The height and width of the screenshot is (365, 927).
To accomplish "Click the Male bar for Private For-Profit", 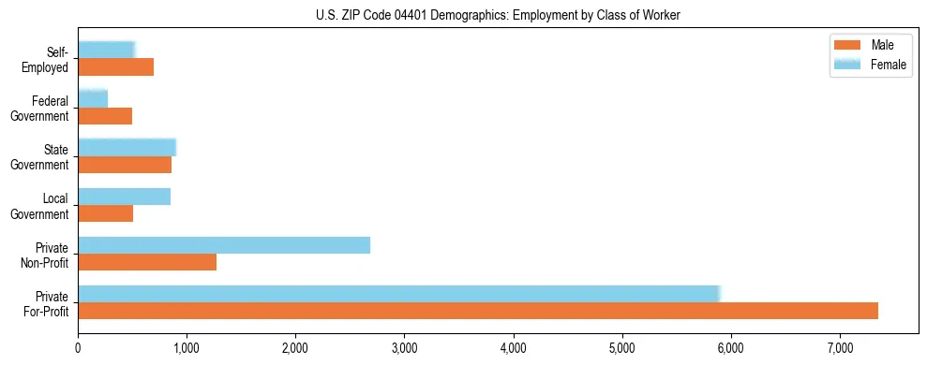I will pos(478,311).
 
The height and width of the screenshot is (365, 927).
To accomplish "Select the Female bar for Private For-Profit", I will pos(398,294).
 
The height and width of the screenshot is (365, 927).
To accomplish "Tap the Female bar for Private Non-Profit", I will pos(224,245).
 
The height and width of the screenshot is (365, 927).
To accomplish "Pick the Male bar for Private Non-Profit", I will pos(147,262).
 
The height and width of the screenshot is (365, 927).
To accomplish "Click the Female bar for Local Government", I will pos(124,197).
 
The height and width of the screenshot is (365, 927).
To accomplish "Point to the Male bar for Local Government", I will pos(105,213).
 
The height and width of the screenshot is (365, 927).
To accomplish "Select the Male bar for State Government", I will pos(125,165).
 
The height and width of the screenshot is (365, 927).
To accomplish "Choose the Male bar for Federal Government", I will pos(105,116).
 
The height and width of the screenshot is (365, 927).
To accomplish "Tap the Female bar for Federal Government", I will pos(93,98).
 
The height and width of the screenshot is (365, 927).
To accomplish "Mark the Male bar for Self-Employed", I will pos(115,67).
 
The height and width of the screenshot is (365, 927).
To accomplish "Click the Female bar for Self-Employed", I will pos(106,50).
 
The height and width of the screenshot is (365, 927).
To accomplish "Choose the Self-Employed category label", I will pos(49,60).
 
